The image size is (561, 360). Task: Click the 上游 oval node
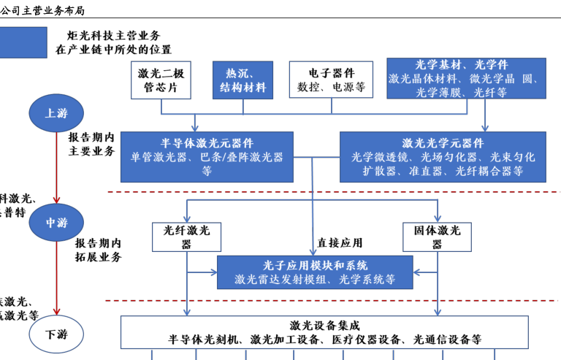56,113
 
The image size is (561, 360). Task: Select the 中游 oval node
56,223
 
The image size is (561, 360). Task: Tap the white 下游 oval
56,334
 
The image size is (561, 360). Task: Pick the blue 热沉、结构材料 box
243,80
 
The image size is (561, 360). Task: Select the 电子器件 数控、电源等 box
331,80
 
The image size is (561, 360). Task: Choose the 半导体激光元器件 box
207,156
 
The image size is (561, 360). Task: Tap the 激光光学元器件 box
443,156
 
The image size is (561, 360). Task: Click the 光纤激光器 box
186,237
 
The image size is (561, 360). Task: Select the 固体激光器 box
437,237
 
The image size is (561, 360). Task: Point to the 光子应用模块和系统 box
315,272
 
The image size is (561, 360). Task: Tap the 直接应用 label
339,243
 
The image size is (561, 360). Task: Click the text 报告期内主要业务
92,145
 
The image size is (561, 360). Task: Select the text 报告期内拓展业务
98,250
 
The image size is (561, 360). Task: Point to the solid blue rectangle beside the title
23,42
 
